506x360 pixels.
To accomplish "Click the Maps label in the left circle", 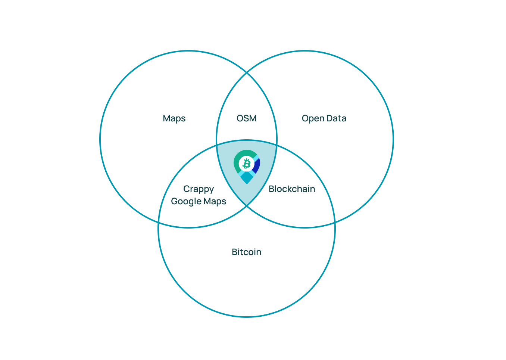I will click(x=174, y=118).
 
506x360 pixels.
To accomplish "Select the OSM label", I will click(x=246, y=118).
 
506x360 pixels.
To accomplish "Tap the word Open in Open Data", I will click(x=313, y=119).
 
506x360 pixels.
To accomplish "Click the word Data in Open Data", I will click(x=337, y=118).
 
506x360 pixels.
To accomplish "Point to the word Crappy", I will click(x=199, y=189).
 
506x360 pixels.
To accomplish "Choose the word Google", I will click(x=186, y=202).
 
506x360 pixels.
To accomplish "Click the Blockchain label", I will click(x=292, y=189).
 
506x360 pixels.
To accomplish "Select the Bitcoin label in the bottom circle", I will click(x=246, y=252).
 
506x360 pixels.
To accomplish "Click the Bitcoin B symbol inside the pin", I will click(x=246, y=164).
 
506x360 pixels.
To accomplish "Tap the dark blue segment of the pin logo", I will click(x=257, y=165).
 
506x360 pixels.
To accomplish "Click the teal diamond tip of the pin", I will click(x=247, y=177).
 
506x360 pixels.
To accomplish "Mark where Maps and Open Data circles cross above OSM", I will click(x=247, y=73).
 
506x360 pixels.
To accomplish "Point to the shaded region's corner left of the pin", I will click(x=217, y=145).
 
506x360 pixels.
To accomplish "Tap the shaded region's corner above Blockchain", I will click(x=277, y=145).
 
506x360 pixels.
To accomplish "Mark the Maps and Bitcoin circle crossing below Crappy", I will click(x=159, y=223).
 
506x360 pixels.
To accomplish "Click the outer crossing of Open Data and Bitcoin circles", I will click(x=335, y=223).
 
